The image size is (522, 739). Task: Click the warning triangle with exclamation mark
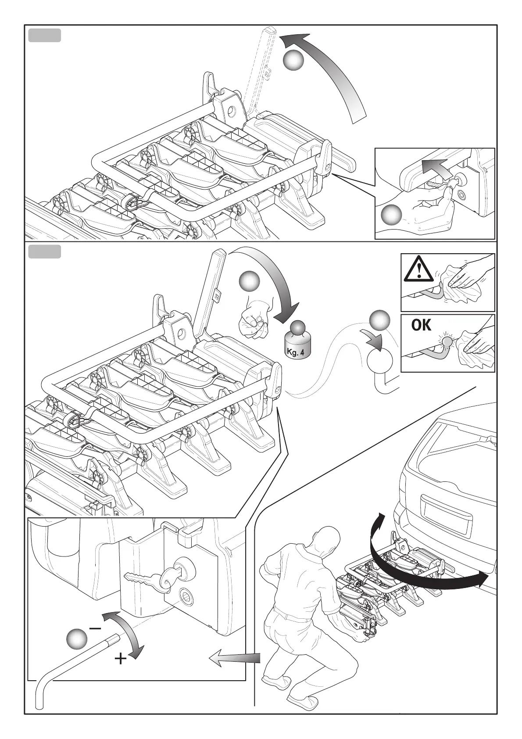[x=419, y=269]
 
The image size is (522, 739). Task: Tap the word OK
[x=421, y=325]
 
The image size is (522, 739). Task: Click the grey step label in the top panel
[x=44, y=36]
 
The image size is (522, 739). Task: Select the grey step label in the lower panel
[x=44, y=252]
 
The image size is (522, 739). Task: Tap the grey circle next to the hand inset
[x=391, y=215]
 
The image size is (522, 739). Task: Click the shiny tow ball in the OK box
[x=447, y=341]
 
